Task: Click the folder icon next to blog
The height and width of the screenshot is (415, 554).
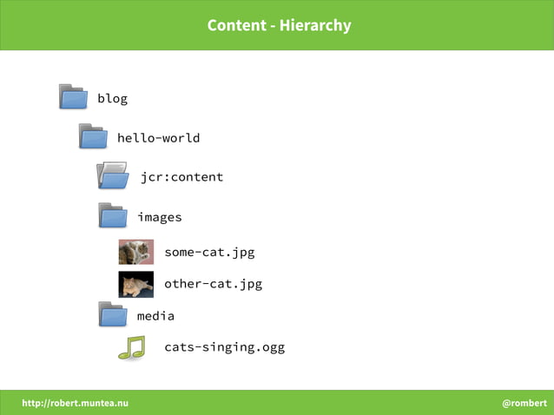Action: tap(73, 96)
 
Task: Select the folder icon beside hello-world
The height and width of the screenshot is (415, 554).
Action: tap(93, 136)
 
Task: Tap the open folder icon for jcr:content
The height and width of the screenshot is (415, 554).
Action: tap(113, 175)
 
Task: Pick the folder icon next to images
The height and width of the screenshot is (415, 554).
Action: tap(113, 215)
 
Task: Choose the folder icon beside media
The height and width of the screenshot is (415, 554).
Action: tap(113, 314)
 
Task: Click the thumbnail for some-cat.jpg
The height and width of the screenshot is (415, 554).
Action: tap(136, 252)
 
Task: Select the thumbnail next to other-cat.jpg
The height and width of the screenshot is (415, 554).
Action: tap(136, 284)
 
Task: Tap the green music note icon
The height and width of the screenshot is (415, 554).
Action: tap(132, 347)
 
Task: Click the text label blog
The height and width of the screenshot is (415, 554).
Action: tap(112, 98)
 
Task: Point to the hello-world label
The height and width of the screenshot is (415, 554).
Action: tap(158, 138)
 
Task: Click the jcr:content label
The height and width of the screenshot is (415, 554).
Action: tap(181, 177)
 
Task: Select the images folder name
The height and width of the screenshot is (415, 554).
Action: tap(159, 217)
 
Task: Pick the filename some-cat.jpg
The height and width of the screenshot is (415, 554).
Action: tap(209, 253)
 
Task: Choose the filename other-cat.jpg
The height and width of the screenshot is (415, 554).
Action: tap(213, 284)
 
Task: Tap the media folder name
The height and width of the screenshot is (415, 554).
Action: tap(155, 316)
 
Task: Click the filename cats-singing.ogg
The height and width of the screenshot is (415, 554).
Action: tap(224, 347)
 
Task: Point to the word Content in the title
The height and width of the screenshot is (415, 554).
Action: tap(236, 25)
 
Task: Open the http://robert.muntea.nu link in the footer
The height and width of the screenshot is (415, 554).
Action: tap(75, 403)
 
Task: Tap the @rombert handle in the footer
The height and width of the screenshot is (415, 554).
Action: tap(524, 403)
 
